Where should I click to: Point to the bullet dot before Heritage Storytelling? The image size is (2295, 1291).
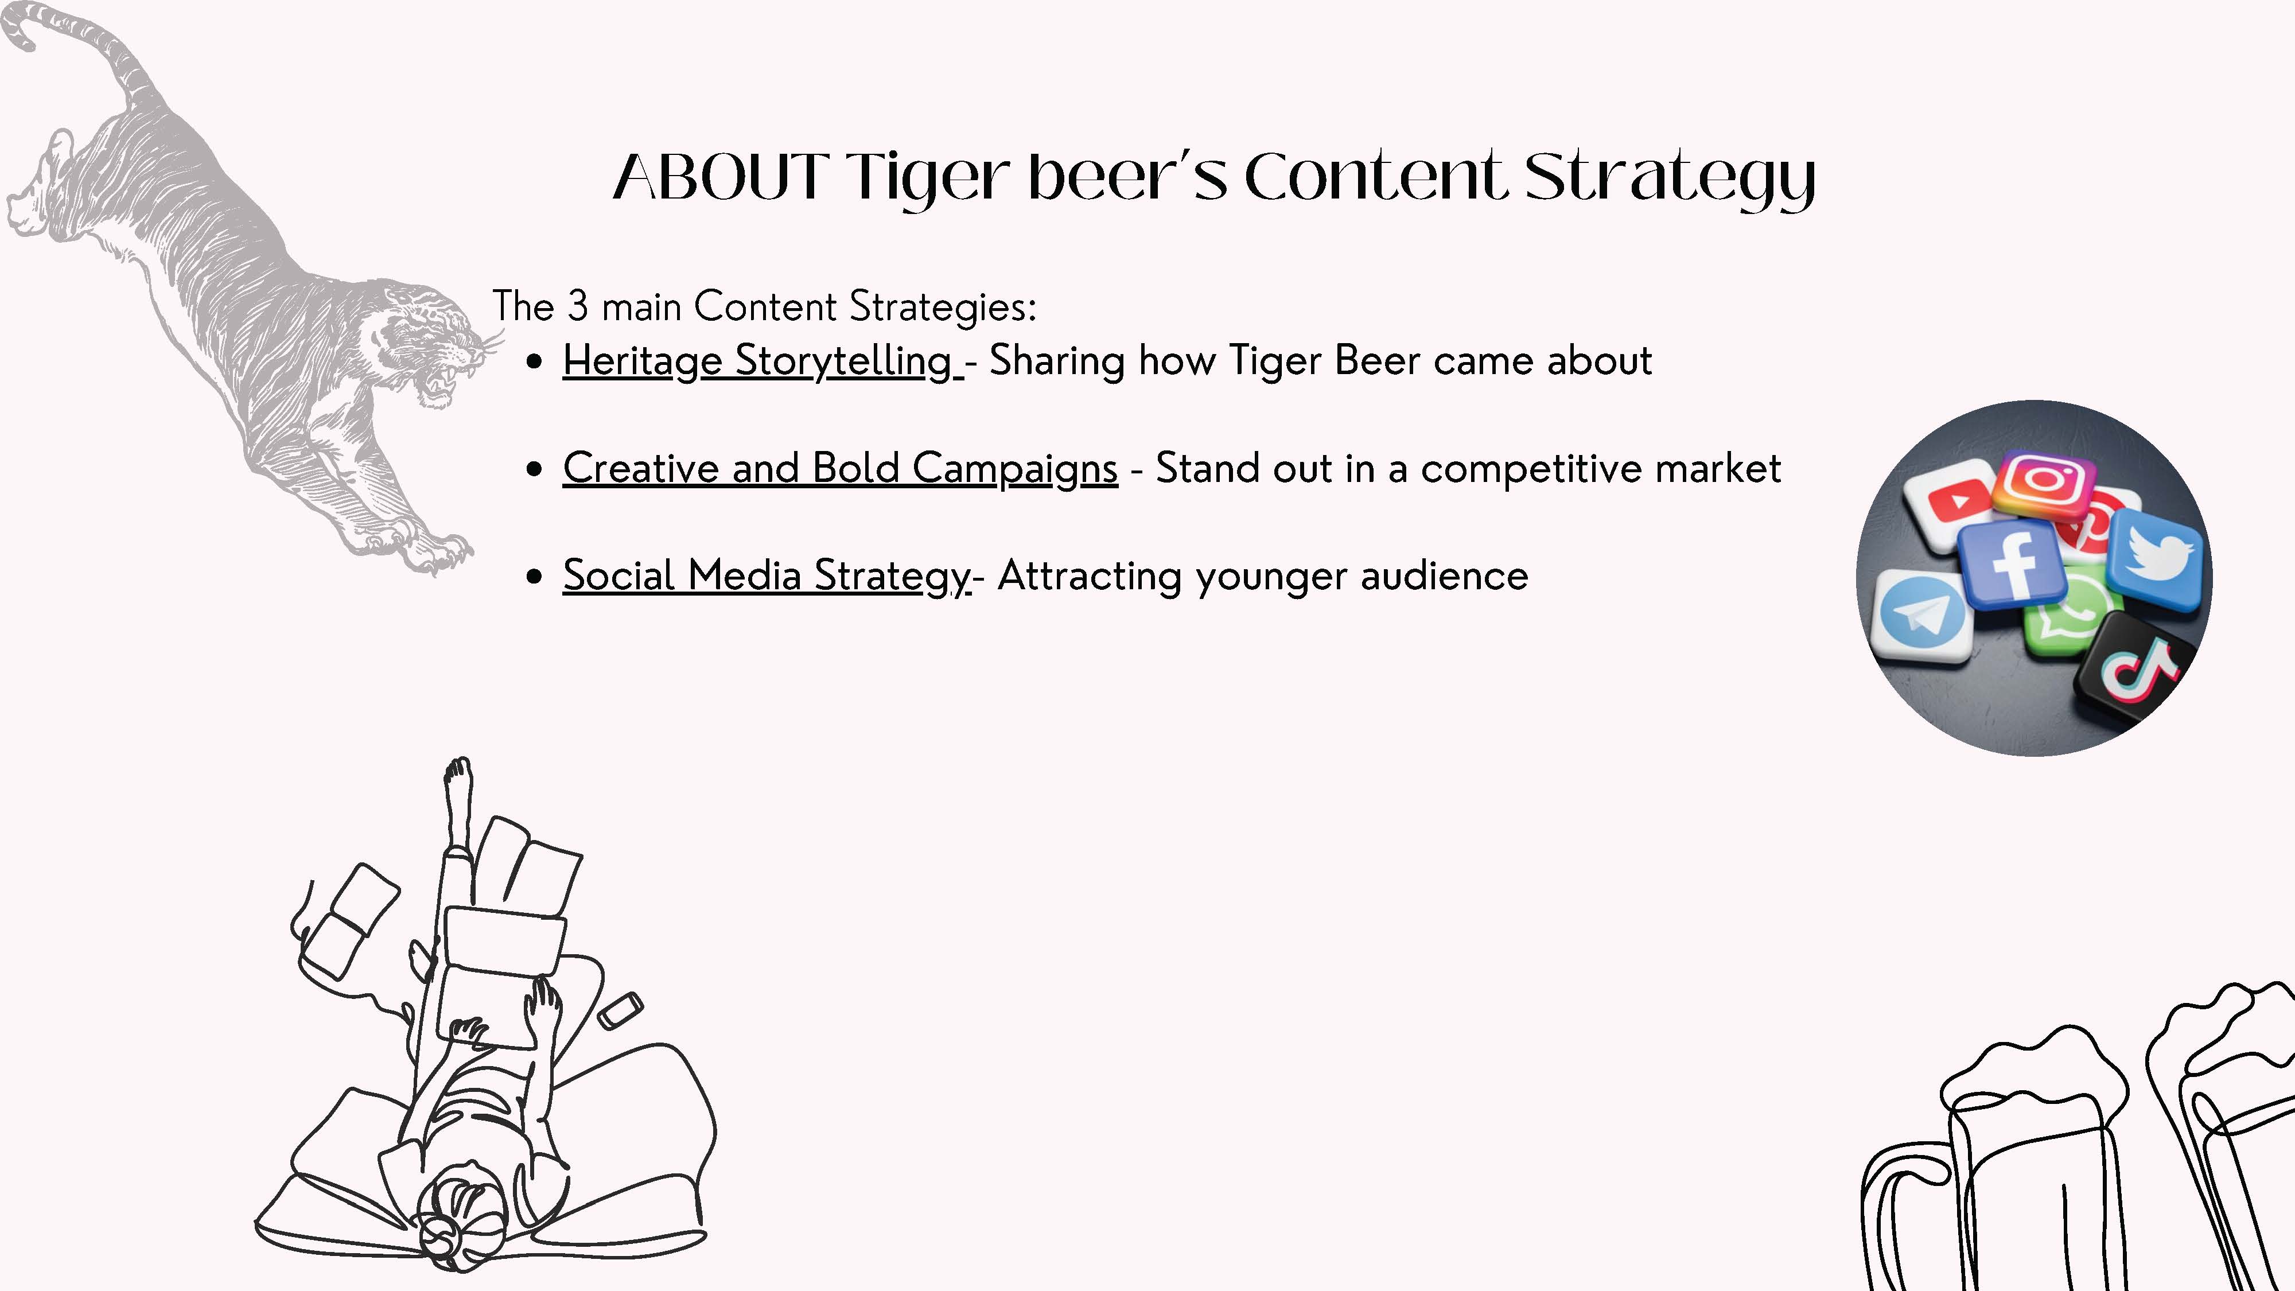point(535,361)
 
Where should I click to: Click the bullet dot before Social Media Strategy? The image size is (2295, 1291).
point(535,577)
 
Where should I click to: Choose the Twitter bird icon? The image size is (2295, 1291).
point(2155,559)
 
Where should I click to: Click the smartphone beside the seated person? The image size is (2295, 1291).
point(620,1011)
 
